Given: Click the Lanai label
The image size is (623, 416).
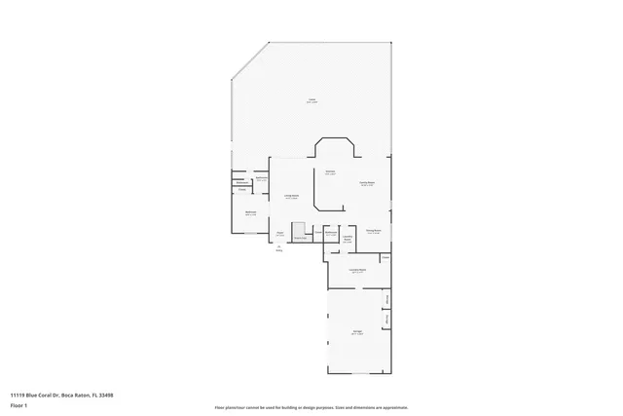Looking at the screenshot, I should pyautogui.click(x=311, y=100).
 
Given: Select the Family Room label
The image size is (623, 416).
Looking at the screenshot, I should pyautogui.click(x=367, y=183).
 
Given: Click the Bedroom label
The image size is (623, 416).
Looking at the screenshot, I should pyautogui.click(x=250, y=213).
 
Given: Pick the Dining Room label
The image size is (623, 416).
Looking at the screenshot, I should pyautogui.click(x=373, y=231).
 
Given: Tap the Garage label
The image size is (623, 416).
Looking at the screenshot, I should pyautogui.click(x=357, y=332).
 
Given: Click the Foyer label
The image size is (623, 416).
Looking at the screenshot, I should pyautogui.click(x=279, y=234).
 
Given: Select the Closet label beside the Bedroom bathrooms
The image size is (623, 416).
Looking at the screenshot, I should pyautogui.click(x=242, y=190).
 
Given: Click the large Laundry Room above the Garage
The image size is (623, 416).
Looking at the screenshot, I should pyautogui.click(x=357, y=271).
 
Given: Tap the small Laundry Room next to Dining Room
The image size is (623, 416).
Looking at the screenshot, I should pyautogui.click(x=348, y=239).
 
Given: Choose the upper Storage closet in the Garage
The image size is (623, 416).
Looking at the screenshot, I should pyautogui.click(x=386, y=298).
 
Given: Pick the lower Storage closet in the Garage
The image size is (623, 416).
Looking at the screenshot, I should pyautogui.click(x=386, y=320).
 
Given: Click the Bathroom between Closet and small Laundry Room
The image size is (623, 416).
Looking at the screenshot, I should pyautogui.click(x=331, y=234).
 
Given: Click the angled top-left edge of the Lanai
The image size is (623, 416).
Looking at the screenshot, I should pyautogui.click(x=248, y=60).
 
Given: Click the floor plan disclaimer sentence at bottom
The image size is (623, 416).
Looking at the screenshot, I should pyautogui.click(x=311, y=406).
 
